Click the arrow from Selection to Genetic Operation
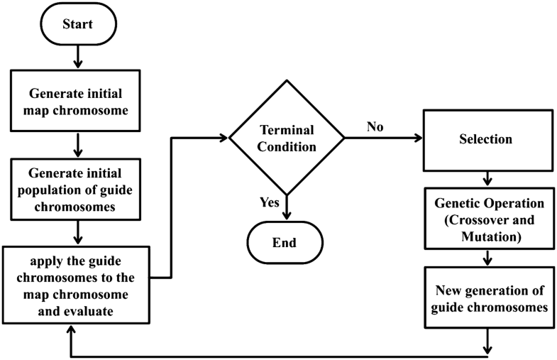coord(487,177)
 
